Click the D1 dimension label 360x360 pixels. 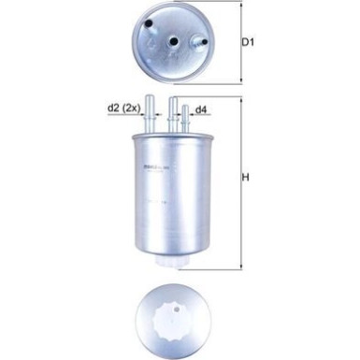[248, 42]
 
